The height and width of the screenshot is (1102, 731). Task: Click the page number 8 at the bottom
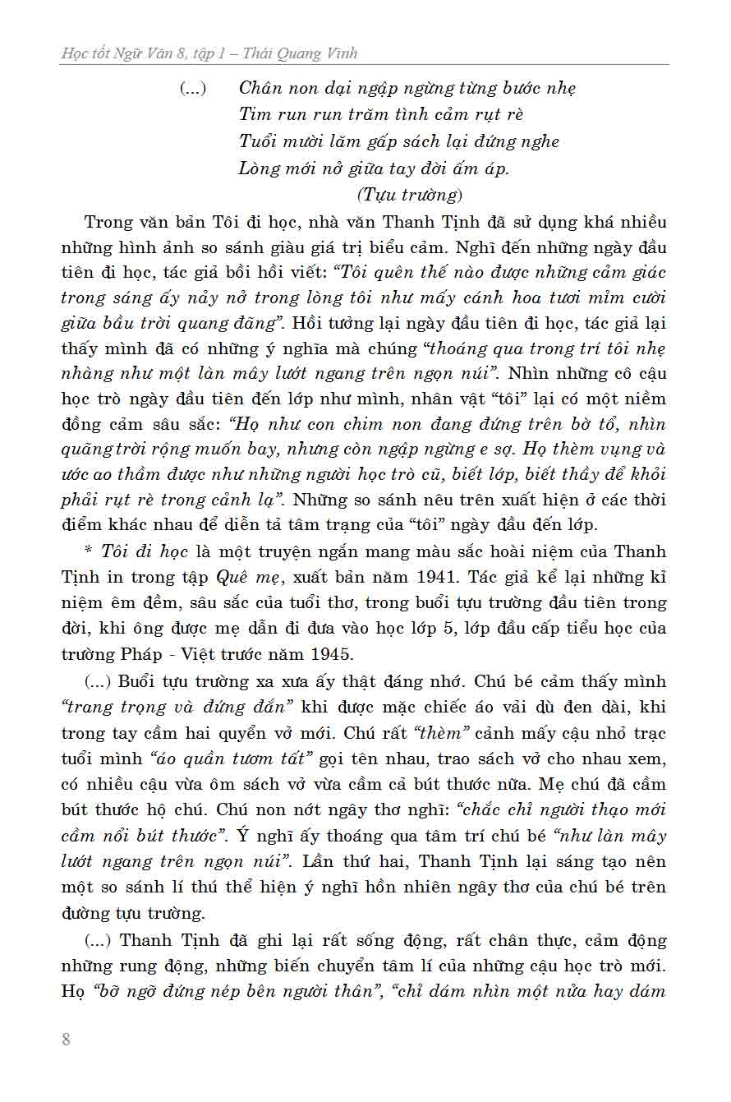pos(67,1039)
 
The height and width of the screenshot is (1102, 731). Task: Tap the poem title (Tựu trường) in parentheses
pos(411,195)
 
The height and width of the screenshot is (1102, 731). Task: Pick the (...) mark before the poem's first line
pos(193,88)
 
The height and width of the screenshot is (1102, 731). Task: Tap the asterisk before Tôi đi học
pos(89,551)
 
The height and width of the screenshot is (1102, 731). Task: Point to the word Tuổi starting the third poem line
pos(258,141)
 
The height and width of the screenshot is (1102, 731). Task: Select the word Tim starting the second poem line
pos(254,114)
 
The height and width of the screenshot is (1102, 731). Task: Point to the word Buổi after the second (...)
pos(137,681)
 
